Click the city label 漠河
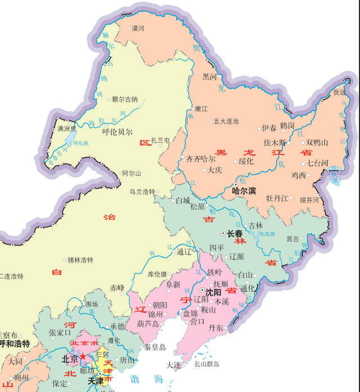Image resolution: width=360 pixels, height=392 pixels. tap(138, 28)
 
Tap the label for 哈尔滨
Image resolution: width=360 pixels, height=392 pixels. tap(244, 191)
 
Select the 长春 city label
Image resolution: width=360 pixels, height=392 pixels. tap(235, 233)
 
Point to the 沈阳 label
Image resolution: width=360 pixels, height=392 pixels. tap(213, 292)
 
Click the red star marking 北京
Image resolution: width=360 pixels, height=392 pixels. tap(83, 357)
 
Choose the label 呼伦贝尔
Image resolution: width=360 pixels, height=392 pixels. tap(117, 132)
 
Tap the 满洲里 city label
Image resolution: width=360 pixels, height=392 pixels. tap(67, 128)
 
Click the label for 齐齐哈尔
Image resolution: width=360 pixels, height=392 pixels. tap(200, 159)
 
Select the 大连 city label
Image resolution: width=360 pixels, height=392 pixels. tap(175, 365)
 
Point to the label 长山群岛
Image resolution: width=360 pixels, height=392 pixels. tap(207, 364)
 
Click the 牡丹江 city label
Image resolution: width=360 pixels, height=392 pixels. tap(277, 198)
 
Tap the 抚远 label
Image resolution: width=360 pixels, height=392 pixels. tap(340, 92)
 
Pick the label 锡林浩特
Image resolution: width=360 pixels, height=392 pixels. tap(80, 260)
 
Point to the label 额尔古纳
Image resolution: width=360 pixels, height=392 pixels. tap(124, 99)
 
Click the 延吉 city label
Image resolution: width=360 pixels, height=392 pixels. tap(293, 239)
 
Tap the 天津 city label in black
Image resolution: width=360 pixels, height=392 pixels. tap(96, 381)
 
